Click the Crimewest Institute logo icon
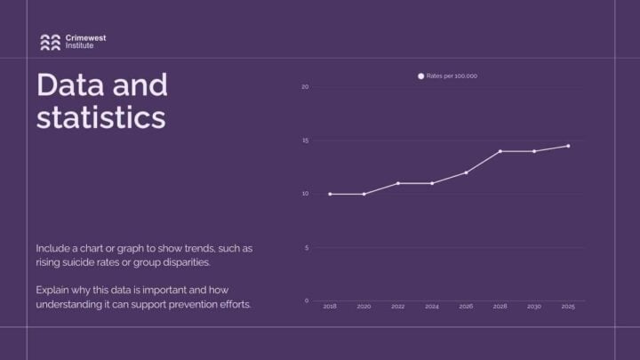point(50,41)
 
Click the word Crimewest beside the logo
point(83,37)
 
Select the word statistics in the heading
point(100,117)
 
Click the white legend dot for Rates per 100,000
point(421,76)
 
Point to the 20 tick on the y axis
point(305,87)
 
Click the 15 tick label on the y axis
point(305,140)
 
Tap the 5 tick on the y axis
point(306,247)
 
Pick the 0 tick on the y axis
point(306,300)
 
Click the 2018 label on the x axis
point(330,307)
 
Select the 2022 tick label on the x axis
point(398,307)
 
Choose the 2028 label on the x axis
point(500,307)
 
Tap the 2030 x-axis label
point(534,307)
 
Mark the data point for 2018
point(330,194)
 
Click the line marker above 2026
point(466,172)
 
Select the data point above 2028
point(500,151)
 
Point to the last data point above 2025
point(568,146)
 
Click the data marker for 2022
point(398,183)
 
